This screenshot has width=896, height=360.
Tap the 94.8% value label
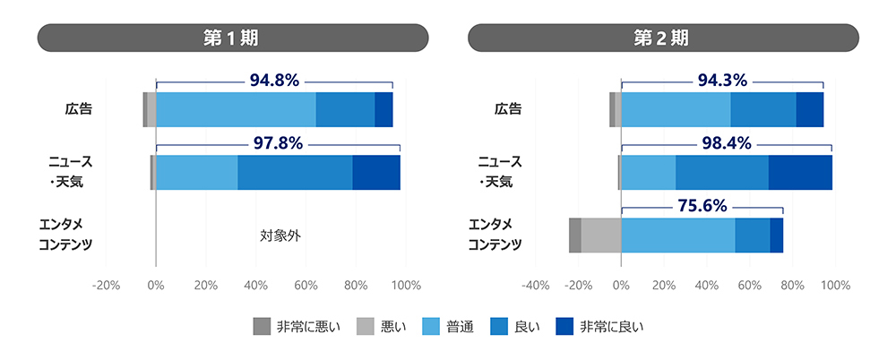tap(274, 81)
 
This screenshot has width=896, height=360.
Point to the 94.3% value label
tap(721, 81)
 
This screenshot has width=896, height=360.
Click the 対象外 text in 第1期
tap(280, 236)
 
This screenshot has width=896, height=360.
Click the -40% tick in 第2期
tap(535, 286)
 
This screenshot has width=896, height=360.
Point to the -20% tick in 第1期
tap(106, 286)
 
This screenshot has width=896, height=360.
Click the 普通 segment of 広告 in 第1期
tap(236, 109)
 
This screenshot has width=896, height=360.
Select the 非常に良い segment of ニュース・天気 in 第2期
tap(800, 172)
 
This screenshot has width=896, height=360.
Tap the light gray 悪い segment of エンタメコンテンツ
tap(600, 235)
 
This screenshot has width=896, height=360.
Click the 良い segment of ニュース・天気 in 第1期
tap(295, 172)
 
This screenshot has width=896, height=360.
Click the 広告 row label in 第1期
tap(79, 109)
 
